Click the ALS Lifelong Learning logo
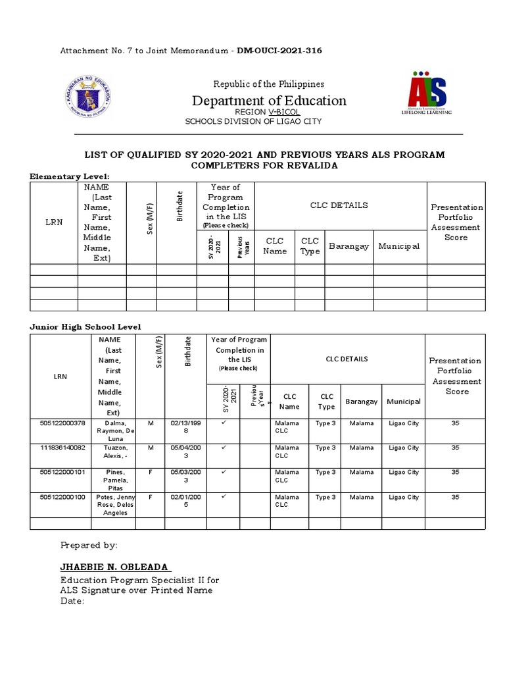tap(427, 93)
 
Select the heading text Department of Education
tap(268, 101)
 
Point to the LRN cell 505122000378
tap(60, 423)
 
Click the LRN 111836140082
tap(60, 448)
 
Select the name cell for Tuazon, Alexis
tap(113, 452)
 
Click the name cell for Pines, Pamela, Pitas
tap(113, 480)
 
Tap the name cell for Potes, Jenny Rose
tap(113, 505)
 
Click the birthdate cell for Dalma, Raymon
tap(185, 427)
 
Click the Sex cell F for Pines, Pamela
tap(150, 472)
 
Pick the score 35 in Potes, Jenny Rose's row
tap(455, 497)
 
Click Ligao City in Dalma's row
tap(403, 423)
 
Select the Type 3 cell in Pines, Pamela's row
tap(325, 472)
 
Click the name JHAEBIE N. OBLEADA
tap(115, 567)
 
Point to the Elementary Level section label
tap(70, 176)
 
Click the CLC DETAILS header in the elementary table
tap(339, 205)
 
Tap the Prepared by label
tap(89, 545)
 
